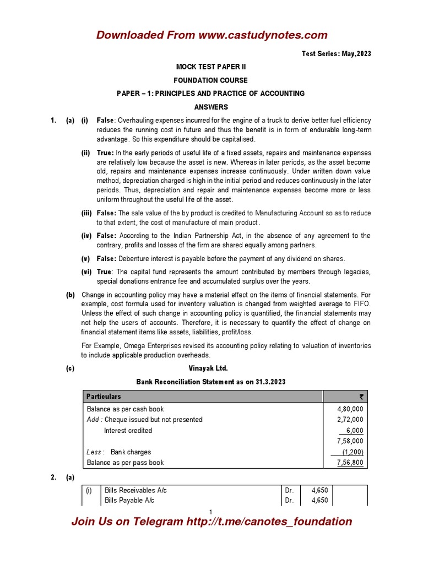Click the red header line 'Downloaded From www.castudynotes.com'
211,35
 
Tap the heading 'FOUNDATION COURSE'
211,80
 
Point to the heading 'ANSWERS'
211,107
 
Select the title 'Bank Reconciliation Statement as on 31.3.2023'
211,382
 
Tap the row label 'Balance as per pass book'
125,463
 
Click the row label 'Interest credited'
128,431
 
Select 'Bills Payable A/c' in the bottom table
129,501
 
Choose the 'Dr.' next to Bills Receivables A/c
289,490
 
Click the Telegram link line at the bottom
211,522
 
